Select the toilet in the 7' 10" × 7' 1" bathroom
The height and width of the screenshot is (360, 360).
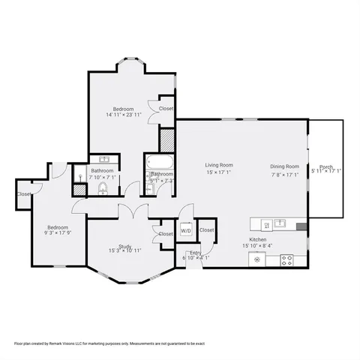coord(103,189)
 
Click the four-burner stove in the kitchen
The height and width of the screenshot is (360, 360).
coord(287,259)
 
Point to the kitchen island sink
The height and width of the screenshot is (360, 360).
coord(280,223)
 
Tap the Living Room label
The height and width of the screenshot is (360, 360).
coord(220,165)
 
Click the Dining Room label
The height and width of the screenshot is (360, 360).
coord(285,166)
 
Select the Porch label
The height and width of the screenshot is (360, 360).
coord(326,166)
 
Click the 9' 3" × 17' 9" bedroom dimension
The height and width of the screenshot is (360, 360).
coord(58,232)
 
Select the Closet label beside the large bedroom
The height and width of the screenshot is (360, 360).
coord(166,108)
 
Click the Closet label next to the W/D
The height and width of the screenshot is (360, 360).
coord(206,229)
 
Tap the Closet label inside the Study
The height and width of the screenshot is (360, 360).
coord(166,234)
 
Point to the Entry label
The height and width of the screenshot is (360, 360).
coord(194,253)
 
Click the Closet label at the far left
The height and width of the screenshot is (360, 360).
coord(24,194)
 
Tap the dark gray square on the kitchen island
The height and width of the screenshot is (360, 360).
coord(301,225)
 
